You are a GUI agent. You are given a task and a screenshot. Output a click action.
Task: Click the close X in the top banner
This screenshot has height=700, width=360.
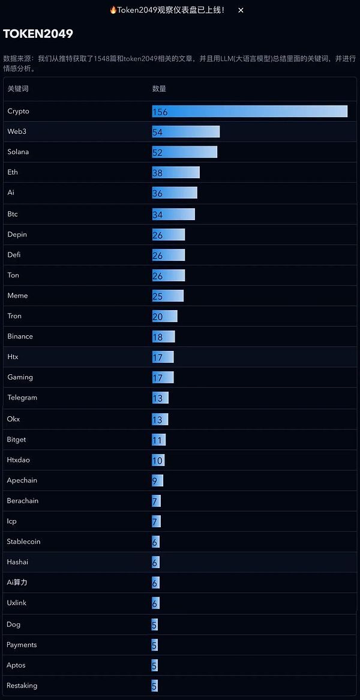click(x=241, y=10)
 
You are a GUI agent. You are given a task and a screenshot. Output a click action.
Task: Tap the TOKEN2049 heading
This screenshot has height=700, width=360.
click(x=38, y=34)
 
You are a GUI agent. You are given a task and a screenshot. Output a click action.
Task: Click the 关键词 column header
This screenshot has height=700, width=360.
click(x=18, y=89)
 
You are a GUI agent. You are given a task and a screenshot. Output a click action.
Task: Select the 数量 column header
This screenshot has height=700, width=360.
click(x=159, y=89)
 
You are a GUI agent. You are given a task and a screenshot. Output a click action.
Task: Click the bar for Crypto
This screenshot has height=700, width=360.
click(x=250, y=112)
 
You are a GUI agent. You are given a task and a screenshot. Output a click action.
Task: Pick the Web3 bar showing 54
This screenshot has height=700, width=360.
click(x=186, y=132)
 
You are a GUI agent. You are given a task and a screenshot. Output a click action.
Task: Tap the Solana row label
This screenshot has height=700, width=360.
click(x=18, y=152)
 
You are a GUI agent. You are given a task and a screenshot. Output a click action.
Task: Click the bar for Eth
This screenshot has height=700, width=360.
click(x=176, y=173)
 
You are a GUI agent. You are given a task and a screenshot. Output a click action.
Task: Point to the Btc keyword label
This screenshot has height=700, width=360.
click(x=13, y=214)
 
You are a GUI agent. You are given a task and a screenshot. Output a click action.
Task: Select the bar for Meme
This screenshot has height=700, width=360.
click(x=168, y=296)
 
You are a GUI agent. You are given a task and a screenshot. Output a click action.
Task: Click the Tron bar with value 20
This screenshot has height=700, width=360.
click(x=165, y=316)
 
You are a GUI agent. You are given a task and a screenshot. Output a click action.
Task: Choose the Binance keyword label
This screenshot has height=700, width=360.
click(x=20, y=337)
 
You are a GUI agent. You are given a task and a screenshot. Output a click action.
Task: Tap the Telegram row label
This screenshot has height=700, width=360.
click(x=22, y=398)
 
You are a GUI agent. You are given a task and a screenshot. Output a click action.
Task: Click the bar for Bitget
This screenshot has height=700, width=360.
click(x=159, y=440)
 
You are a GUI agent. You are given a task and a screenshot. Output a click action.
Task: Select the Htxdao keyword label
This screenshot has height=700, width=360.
click(x=18, y=460)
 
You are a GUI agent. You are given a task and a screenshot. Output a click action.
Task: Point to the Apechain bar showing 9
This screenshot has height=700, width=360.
click(x=158, y=480)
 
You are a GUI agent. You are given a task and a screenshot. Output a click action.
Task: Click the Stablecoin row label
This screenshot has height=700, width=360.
click(x=23, y=542)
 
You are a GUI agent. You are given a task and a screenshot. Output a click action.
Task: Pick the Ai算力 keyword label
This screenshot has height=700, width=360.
click(x=17, y=582)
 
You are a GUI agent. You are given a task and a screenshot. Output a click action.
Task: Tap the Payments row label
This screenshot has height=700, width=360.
click(x=22, y=645)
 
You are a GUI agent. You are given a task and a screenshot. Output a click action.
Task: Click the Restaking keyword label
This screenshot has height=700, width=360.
click(x=22, y=686)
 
